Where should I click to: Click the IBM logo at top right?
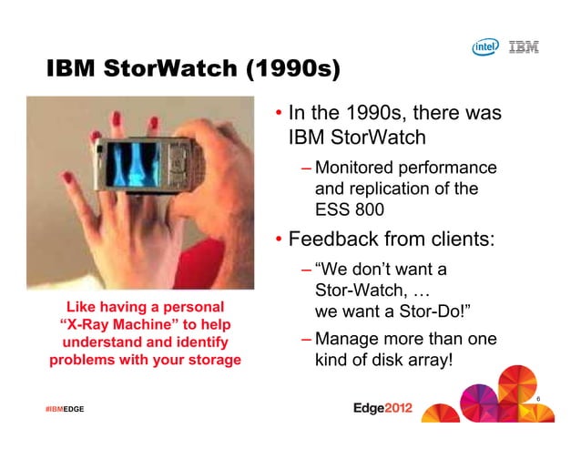coord(524,47)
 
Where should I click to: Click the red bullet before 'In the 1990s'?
coord(279,116)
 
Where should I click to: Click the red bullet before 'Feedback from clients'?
coord(279,241)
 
